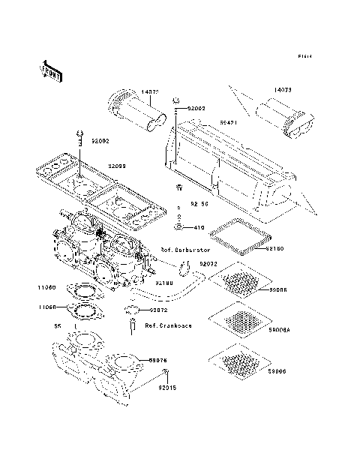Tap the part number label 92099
click(x=117, y=166)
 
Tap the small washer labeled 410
click(x=180, y=226)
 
